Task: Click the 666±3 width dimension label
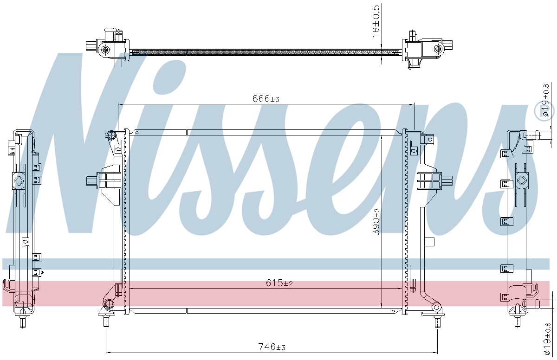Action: point(266,99)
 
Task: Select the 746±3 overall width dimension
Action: point(272,347)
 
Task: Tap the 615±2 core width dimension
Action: point(279,283)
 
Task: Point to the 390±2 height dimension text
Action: point(376,221)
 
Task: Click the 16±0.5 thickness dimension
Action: point(376,21)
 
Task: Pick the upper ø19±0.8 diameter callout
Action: point(545,100)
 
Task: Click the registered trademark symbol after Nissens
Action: point(544,112)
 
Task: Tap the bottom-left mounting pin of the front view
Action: point(106,321)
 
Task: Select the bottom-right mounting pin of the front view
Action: point(437,322)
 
